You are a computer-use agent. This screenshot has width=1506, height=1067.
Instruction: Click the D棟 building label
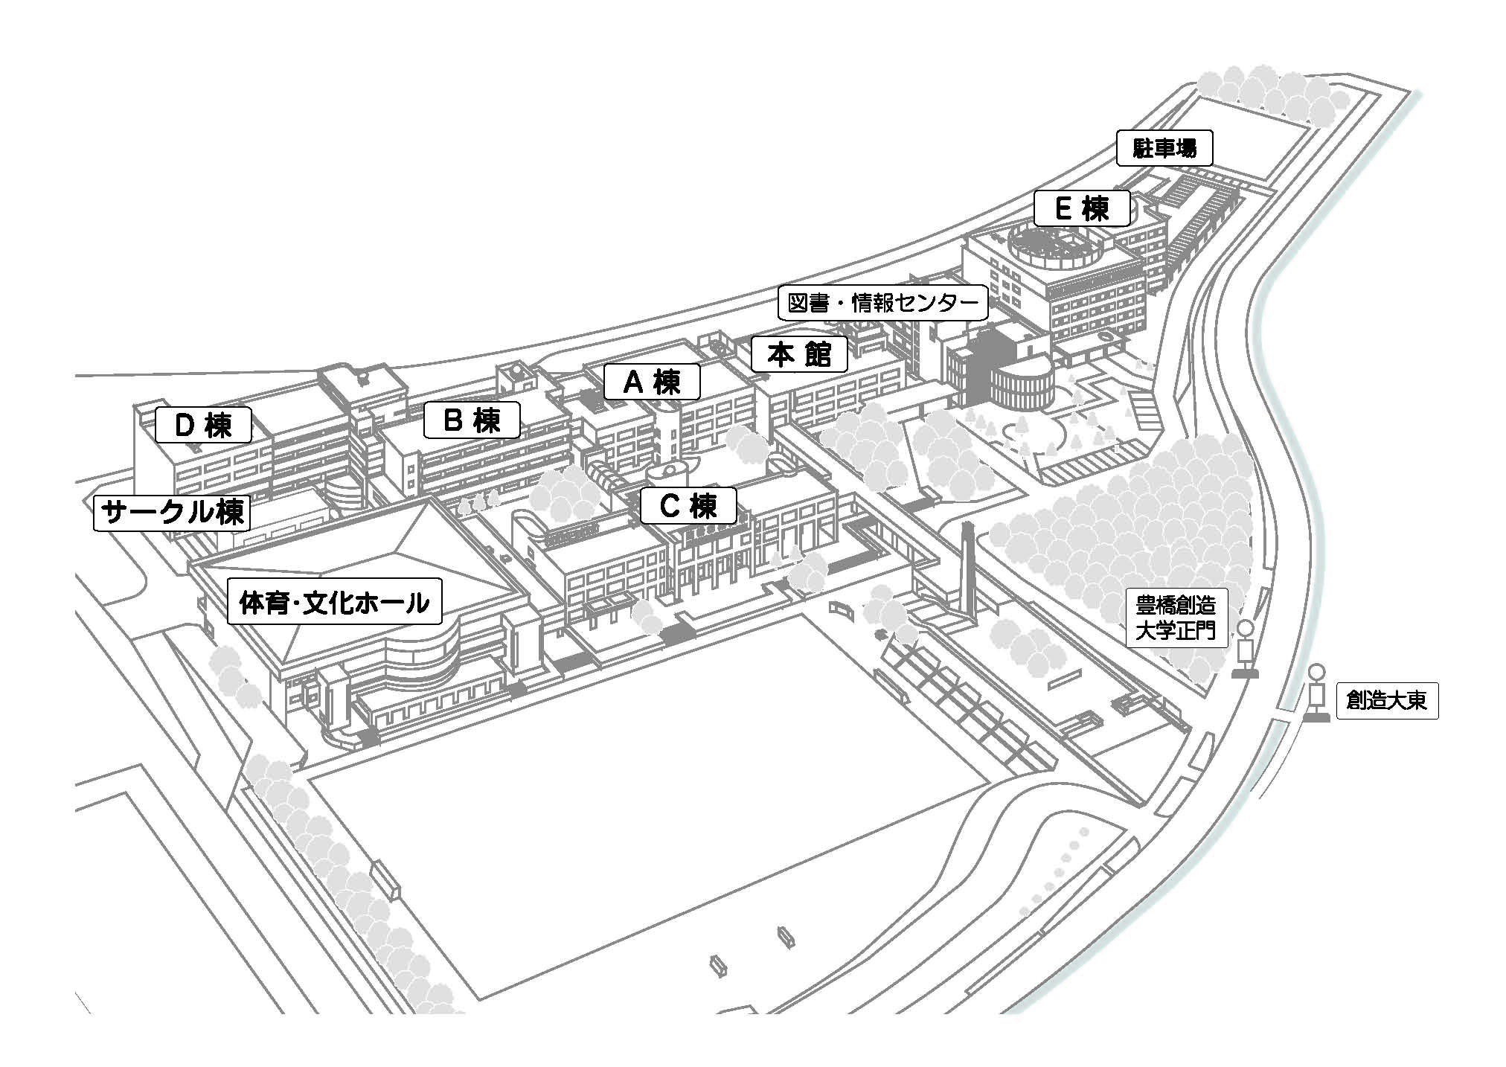(203, 426)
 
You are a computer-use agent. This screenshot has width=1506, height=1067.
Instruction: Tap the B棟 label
(472, 420)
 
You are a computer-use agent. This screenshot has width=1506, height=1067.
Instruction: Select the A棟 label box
(652, 382)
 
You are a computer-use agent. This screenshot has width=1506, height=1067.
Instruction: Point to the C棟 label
(689, 506)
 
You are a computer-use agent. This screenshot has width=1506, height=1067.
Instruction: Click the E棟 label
(1083, 208)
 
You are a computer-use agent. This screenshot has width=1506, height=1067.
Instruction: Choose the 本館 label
(799, 354)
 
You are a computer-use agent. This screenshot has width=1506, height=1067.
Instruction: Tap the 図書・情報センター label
(883, 302)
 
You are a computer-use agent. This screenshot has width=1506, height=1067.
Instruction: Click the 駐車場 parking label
(1164, 148)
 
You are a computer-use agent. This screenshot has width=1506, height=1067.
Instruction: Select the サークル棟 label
(172, 512)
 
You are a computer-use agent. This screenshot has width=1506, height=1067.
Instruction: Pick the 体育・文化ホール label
(334, 601)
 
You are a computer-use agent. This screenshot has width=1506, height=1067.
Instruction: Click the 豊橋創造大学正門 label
(1176, 617)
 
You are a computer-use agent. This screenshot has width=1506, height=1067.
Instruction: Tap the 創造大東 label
(1387, 700)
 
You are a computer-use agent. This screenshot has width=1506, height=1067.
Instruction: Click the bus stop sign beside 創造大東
(1317, 693)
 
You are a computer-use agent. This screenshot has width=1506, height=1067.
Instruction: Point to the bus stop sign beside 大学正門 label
(1244, 650)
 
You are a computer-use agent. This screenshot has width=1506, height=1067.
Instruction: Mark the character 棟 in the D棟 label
(220, 426)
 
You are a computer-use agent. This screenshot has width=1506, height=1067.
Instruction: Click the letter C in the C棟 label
(670, 506)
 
